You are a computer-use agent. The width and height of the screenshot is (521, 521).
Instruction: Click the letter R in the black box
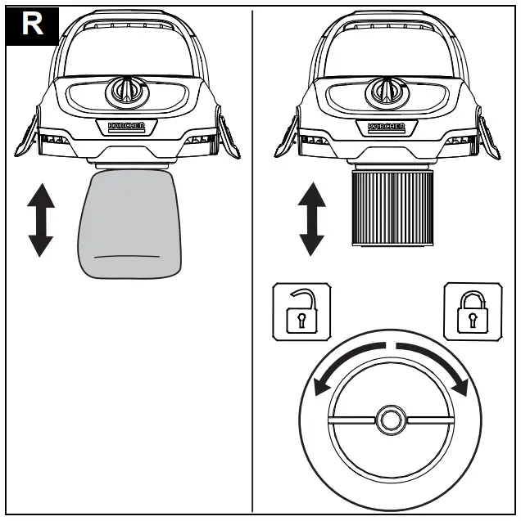coord(32,23)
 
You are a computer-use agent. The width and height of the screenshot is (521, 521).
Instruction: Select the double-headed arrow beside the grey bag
coord(41,219)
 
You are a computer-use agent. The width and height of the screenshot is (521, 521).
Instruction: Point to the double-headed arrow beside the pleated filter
coord(312,219)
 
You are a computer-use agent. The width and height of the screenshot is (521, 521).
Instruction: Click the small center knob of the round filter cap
coord(387,420)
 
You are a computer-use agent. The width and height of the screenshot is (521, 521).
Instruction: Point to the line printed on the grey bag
coord(128,256)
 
